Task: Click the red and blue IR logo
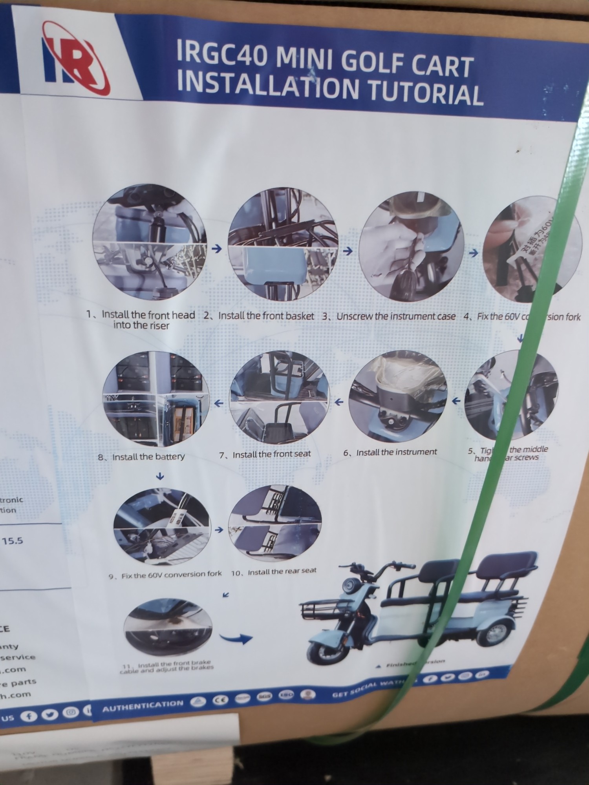click(75, 59)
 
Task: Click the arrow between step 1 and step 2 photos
click(216, 249)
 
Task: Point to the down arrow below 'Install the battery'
click(159, 477)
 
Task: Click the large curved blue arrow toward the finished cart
click(236, 638)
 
